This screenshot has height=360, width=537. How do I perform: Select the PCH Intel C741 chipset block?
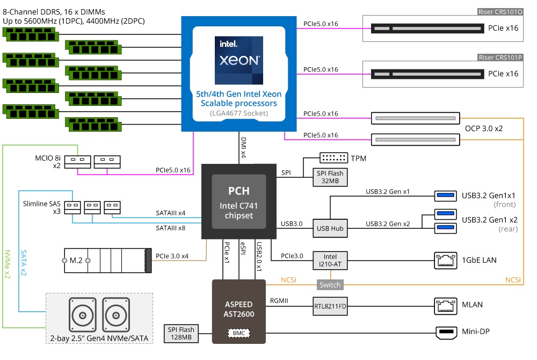coord(238,201)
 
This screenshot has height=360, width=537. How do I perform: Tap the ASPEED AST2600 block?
coord(238,309)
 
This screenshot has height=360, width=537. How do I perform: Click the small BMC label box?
coord(238,334)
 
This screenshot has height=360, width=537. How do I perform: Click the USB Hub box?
coord(330,228)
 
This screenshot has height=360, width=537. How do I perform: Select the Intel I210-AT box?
coord(330,260)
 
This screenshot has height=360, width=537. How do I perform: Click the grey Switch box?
coord(330,285)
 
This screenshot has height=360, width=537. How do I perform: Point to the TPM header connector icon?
coord(333,158)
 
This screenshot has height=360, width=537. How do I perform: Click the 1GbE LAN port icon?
coord(445,260)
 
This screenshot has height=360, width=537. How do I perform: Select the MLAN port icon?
coord(445,305)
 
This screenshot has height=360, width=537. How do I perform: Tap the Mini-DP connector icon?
coord(445,334)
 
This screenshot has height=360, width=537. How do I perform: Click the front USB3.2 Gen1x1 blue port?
coord(445,196)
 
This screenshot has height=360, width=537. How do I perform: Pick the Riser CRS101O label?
coord(500,11)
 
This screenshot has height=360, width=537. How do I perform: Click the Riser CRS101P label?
coord(500,57)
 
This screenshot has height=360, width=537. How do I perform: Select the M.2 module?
coord(105,260)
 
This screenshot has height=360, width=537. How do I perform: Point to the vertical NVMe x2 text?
coord(7,263)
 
